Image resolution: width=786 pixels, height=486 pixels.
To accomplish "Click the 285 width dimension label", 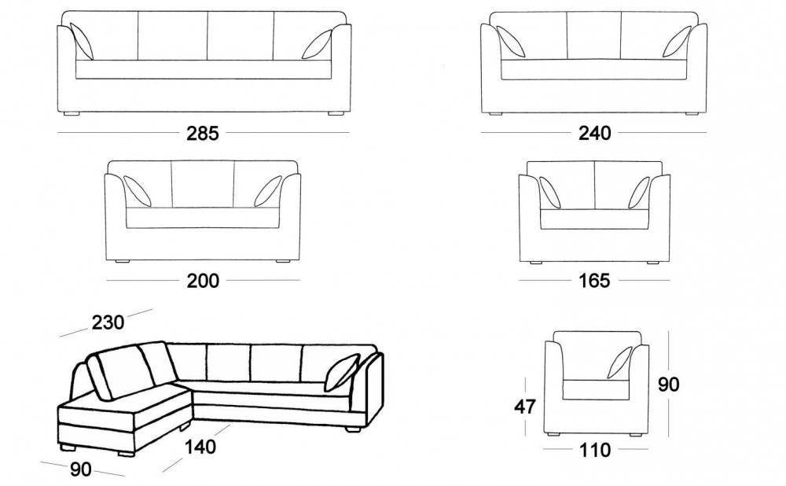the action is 203,133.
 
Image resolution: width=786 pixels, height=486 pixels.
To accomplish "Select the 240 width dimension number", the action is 595,133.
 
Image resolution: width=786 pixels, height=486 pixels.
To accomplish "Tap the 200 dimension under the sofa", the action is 203,281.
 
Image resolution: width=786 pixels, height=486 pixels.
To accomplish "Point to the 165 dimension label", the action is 594,281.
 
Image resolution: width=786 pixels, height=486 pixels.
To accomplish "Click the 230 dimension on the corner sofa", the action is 108,322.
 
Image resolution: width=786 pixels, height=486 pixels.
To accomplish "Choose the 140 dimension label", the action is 200,447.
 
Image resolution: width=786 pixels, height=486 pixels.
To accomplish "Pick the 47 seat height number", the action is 525,407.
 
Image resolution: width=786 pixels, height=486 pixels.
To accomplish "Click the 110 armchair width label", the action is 595,451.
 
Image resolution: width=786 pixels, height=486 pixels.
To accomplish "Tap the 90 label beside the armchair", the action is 669,385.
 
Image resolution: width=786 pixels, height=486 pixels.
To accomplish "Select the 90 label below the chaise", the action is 81,469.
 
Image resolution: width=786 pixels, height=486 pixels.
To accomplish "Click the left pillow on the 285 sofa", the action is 82,41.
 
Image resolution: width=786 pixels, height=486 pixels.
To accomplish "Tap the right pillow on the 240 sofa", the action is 678,42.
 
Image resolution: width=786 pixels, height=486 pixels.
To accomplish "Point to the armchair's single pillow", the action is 620,362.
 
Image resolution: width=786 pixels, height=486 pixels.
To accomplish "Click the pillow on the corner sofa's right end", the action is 343,372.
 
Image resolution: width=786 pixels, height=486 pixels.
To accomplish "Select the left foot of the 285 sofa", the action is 72,114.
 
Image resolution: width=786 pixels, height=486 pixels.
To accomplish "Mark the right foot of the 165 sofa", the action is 652,263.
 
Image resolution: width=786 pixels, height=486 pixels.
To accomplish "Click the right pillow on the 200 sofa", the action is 268,191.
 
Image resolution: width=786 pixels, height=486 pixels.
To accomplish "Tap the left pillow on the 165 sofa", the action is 550,192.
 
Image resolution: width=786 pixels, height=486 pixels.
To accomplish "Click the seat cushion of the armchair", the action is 596,390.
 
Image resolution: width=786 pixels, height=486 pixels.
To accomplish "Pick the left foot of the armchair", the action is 554,434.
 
